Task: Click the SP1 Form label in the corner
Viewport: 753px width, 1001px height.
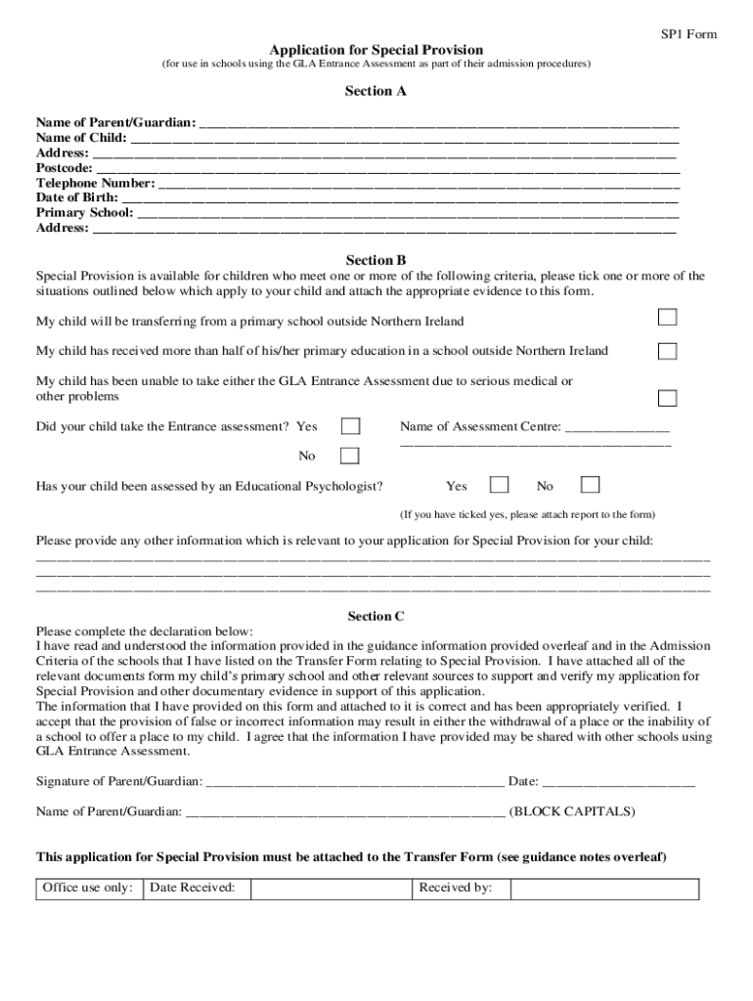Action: pyautogui.click(x=689, y=34)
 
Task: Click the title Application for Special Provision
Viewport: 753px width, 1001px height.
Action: pyautogui.click(x=376, y=49)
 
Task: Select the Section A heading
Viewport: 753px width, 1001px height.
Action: pyautogui.click(x=376, y=91)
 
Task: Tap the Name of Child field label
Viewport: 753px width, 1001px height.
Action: pyautogui.click(x=82, y=138)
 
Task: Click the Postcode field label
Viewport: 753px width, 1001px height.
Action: pyautogui.click(x=65, y=168)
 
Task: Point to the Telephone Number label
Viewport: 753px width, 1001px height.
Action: pyautogui.click(x=96, y=183)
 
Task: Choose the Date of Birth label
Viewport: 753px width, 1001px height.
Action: pyautogui.click(x=78, y=197)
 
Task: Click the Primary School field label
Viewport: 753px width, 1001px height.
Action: pyautogui.click(x=85, y=212)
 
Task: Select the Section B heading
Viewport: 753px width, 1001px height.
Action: pyautogui.click(x=376, y=260)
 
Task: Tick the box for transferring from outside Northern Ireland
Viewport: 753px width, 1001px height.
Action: pyautogui.click(x=667, y=317)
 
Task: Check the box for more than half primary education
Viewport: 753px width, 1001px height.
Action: pyautogui.click(x=667, y=351)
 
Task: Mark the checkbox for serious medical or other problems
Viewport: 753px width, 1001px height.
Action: pyautogui.click(x=667, y=398)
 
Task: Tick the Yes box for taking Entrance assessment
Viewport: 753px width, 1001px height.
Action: pyautogui.click(x=350, y=426)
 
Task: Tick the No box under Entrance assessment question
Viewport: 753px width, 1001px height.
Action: pyautogui.click(x=350, y=456)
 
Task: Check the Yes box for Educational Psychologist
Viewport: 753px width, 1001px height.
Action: pyautogui.click(x=499, y=485)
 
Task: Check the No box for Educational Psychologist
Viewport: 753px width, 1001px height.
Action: pyautogui.click(x=590, y=485)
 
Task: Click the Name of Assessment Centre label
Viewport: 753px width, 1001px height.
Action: pyautogui.click(x=480, y=426)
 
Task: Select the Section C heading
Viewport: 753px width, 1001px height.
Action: pyautogui.click(x=376, y=616)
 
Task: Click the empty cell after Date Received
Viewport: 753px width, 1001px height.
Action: pyautogui.click(x=331, y=889)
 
